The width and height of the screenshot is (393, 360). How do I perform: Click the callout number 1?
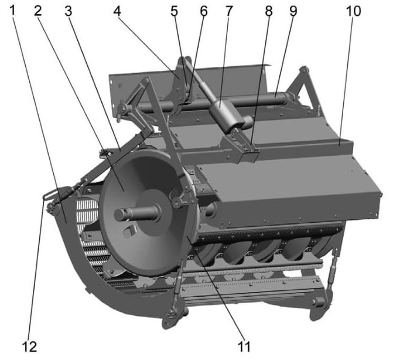coord(13,11)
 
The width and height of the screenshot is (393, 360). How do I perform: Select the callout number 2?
coord(38,11)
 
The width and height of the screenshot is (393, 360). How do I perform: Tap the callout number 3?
coord(69,11)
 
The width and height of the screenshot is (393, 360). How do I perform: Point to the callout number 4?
coord(117,11)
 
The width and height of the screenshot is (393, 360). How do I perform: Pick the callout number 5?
coord(175,11)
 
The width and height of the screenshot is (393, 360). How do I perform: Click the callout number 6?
coord(204,11)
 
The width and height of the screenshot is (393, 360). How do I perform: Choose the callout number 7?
coord(228,11)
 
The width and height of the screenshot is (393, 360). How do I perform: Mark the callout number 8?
coord(268,11)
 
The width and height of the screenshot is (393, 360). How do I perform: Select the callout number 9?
coord(293,11)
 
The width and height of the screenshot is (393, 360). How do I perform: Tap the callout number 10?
coord(353,11)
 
